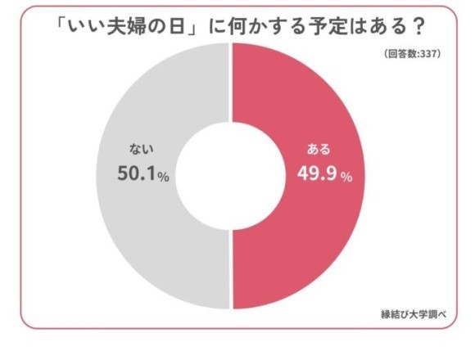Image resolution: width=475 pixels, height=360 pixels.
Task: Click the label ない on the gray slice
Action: [x=142, y=150]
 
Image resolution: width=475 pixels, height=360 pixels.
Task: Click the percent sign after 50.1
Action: [x=163, y=177]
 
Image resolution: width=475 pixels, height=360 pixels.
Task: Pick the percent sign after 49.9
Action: [x=346, y=177]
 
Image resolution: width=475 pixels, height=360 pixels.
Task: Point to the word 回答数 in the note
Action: [x=404, y=54]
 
